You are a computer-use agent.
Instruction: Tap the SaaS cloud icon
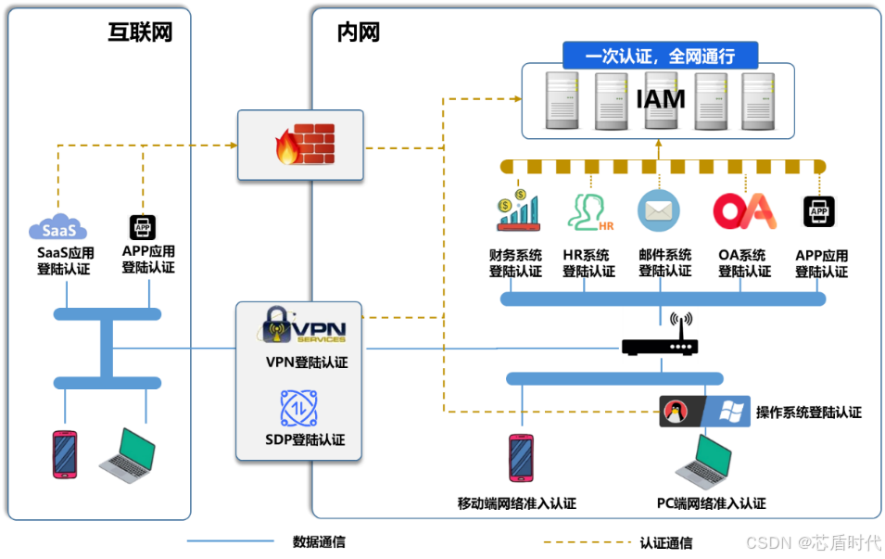(57, 228)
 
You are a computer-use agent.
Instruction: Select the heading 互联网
(140, 33)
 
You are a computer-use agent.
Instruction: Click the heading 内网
(358, 33)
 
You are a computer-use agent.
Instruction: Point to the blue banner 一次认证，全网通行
(659, 56)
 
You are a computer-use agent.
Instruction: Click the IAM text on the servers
(660, 98)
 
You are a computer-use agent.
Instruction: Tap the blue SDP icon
(299, 409)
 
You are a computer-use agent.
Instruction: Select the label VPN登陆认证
(306, 362)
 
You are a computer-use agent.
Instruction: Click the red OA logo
(743, 211)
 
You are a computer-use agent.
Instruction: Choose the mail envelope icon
(658, 211)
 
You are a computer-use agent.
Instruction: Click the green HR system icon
(589, 211)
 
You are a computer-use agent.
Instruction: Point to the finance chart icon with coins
(517, 211)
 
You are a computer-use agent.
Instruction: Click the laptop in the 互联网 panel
(127, 455)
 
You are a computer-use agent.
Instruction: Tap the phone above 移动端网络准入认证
(521, 458)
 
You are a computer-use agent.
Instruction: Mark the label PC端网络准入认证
(711, 504)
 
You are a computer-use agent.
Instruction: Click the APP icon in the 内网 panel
(819, 212)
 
